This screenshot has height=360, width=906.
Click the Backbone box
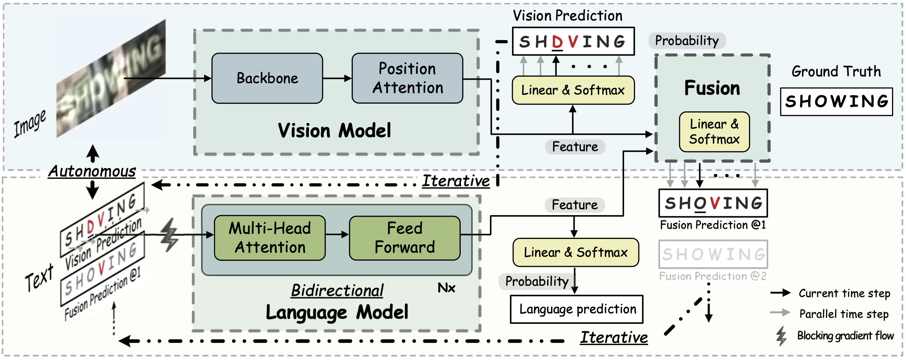coord(267,78)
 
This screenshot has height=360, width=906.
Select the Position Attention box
coord(407,78)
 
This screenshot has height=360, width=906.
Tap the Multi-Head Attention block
coord(269,238)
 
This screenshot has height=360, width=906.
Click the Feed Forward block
coord(405,238)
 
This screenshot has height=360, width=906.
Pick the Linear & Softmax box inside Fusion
coord(714,132)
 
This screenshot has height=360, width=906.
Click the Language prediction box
coord(577,309)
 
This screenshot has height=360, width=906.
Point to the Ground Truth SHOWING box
coord(836,102)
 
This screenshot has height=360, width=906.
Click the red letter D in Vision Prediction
coord(557,42)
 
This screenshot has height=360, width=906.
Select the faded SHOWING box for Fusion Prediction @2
coord(713,254)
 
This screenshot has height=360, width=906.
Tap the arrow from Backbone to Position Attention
coord(337,78)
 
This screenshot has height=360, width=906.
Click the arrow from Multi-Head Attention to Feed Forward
coord(337,234)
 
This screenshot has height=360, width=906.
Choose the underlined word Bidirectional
coord(337,291)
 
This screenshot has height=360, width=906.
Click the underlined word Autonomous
coord(92,171)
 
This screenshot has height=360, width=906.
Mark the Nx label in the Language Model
coord(446,288)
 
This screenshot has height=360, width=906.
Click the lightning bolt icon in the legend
coord(781,336)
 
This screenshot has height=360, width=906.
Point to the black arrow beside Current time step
coord(780,293)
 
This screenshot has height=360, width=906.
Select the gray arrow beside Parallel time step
coord(780,312)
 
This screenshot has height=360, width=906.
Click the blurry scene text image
coord(111,79)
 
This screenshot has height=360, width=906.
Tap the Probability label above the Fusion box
coord(687,41)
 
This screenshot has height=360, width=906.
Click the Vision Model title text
coord(334,131)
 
